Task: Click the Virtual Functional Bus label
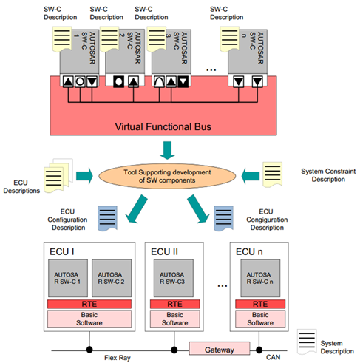pyautogui.click(x=163, y=126)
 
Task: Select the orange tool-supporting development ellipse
pyautogui.click(x=167, y=176)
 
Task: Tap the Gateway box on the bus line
pyautogui.click(x=220, y=348)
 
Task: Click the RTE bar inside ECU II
pyautogui.click(x=174, y=304)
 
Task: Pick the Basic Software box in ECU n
pyautogui.click(x=260, y=319)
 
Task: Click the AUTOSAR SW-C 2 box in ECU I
pyautogui.click(x=112, y=278)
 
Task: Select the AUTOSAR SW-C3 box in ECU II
pyautogui.click(x=174, y=278)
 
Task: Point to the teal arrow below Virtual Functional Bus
pyautogui.click(x=167, y=150)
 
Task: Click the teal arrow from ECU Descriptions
pyautogui.click(x=84, y=176)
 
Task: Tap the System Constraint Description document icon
pyautogui.click(x=272, y=174)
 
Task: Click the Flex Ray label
pyautogui.click(x=118, y=358)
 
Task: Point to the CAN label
pyautogui.click(x=273, y=357)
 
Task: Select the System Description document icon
pyautogui.click(x=307, y=342)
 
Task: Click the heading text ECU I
pyautogui.click(x=62, y=251)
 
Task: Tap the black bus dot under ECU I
pyautogui.click(x=89, y=349)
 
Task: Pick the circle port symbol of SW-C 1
pyautogui.click(x=80, y=81)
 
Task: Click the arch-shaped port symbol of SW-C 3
pyautogui.click(x=159, y=81)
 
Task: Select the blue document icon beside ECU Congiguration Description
pyautogui.click(x=223, y=218)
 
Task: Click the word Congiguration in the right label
pyautogui.click(x=267, y=220)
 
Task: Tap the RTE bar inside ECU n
pyautogui.click(x=260, y=304)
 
